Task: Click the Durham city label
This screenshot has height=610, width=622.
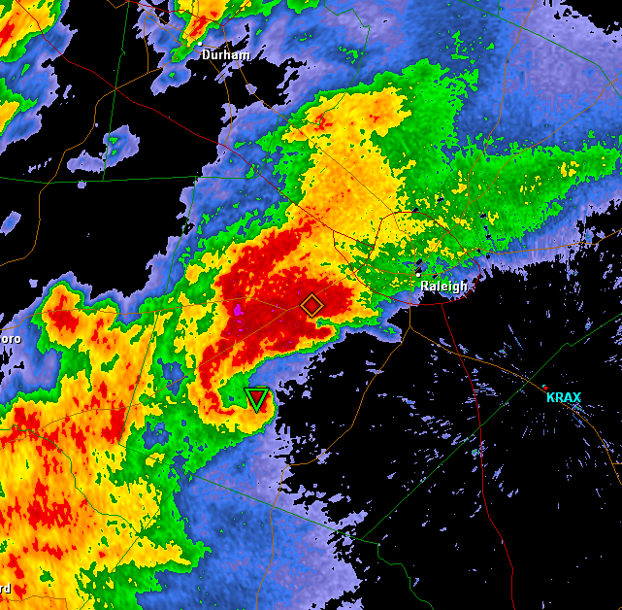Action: pyautogui.click(x=226, y=55)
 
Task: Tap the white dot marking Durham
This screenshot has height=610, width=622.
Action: pyautogui.click(x=200, y=44)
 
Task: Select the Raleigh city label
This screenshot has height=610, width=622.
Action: pyautogui.click(x=443, y=287)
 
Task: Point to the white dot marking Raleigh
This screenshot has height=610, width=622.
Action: pyautogui.click(x=418, y=275)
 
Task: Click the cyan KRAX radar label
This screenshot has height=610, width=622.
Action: pyautogui.click(x=563, y=398)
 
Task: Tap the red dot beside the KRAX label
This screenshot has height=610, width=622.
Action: pyautogui.click(x=544, y=388)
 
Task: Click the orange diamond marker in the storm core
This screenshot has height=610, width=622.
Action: pyautogui.click(x=311, y=305)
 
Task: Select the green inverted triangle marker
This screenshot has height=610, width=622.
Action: pyautogui.click(x=256, y=398)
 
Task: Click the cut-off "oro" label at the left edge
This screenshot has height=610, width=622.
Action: pyautogui.click(x=10, y=339)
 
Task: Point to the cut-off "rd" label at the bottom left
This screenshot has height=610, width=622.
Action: pyautogui.click(x=5, y=588)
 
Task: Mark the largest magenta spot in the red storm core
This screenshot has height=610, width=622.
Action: pyautogui.click(x=238, y=310)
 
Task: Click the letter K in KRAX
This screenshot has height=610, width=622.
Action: pyautogui.click(x=550, y=398)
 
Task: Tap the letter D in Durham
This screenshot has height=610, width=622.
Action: pyautogui.click(x=207, y=55)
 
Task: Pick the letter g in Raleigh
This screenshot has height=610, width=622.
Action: pyautogui.click(x=460, y=288)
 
